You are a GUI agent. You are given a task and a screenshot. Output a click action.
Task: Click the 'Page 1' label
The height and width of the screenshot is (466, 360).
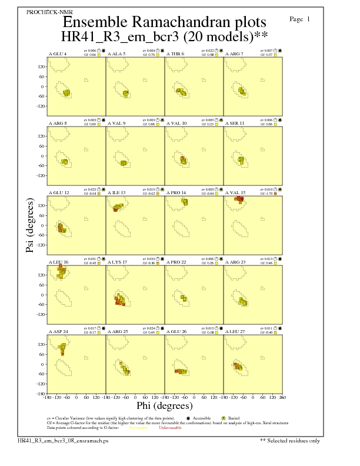tap(300, 19)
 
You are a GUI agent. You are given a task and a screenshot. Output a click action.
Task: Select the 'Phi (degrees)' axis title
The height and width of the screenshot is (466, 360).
tap(164, 406)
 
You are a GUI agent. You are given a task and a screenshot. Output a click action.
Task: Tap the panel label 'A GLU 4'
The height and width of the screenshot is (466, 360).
tap(57, 54)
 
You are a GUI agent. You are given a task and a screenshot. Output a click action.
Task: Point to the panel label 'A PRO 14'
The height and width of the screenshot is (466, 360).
tap(176, 192)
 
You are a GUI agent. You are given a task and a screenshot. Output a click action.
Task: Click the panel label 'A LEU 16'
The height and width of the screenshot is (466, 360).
tap(58, 262)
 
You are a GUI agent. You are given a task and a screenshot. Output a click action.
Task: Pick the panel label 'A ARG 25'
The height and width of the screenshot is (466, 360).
tap(118, 332)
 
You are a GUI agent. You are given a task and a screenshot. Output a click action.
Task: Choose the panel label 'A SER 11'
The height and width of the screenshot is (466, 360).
tap(235, 123)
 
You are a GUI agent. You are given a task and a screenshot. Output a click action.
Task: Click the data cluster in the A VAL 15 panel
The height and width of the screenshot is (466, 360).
tap(239, 199)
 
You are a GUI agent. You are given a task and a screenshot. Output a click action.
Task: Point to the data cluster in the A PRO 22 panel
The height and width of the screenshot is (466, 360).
tap(184, 298)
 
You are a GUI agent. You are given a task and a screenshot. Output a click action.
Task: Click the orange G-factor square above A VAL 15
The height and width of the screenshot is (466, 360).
tap(275, 194)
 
